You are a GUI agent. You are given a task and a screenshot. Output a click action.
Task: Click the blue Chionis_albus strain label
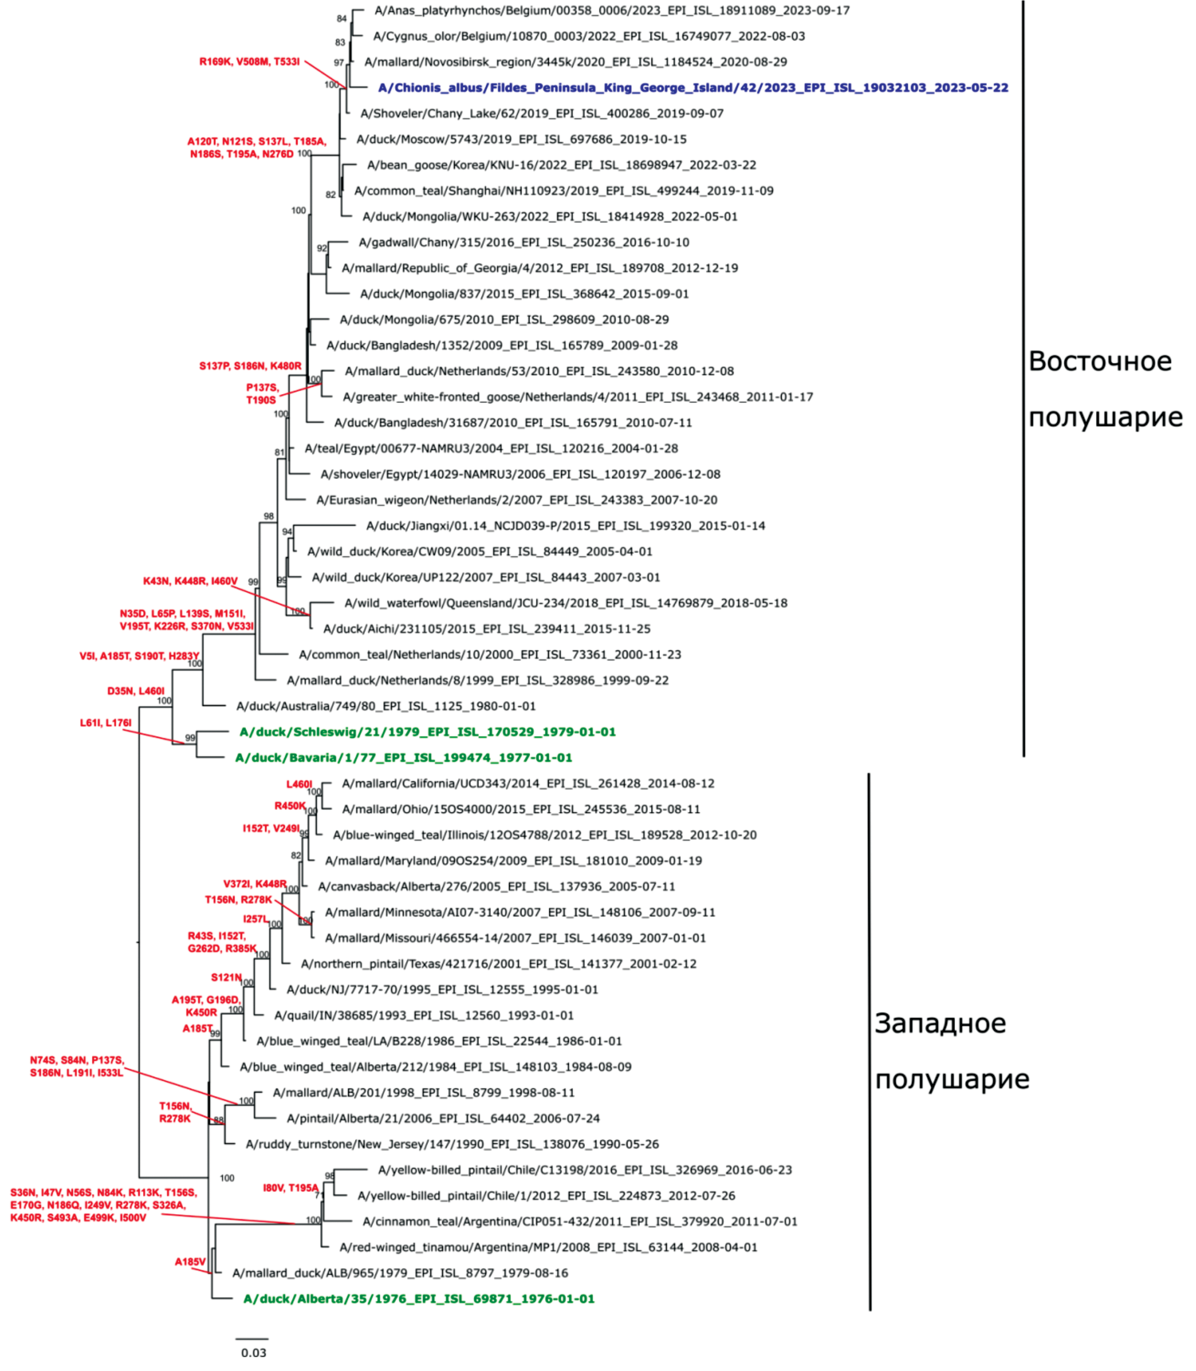pos(693,87)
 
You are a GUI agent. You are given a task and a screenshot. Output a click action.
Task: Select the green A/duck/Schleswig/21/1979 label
pos(427,732)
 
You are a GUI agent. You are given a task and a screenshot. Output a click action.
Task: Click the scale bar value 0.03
pos(254,1353)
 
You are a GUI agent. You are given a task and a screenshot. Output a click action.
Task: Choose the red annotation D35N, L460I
pos(135,691)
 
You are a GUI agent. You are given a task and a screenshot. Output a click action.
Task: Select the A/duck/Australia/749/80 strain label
pos(386,706)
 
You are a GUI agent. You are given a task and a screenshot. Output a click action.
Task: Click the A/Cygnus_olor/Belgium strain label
pos(589,36)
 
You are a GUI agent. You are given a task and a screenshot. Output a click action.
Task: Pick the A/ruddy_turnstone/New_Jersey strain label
pos(452,1144)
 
